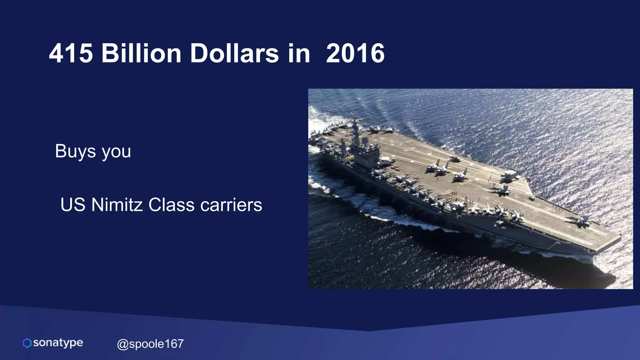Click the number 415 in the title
click(71, 53)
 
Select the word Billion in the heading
click(141, 53)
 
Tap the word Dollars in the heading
click(234, 53)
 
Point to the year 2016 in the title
click(355, 53)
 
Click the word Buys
click(75, 151)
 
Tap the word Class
click(172, 205)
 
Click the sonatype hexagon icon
click(27, 343)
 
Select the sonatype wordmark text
click(58, 343)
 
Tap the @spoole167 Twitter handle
click(150, 344)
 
